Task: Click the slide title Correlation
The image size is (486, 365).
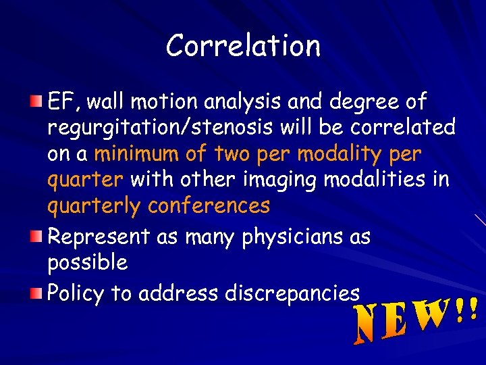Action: point(243,46)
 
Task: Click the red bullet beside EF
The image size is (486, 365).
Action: point(36,101)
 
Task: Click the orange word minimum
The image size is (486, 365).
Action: point(139,154)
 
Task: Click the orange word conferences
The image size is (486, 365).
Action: point(209,205)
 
